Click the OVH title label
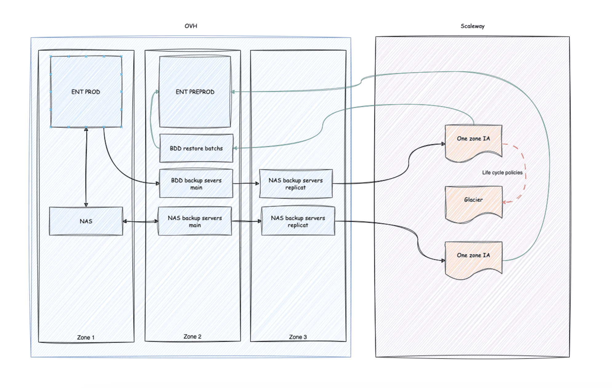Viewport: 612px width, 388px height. [x=191, y=26]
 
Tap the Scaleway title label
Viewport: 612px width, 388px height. [x=472, y=26]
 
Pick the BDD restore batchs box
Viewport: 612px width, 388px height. [x=196, y=148]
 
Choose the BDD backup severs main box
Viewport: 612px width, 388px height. [x=196, y=184]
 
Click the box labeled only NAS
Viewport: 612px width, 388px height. [x=86, y=221]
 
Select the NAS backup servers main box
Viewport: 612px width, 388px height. [x=195, y=221]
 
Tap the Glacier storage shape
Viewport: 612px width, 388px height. [x=473, y=203]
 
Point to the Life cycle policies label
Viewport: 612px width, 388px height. [x=502, y=172]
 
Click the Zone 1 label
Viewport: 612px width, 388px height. [x=85, y=337]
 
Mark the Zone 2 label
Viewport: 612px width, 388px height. [x=192, y=337]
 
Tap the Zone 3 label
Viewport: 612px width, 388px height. [x=298, y=337]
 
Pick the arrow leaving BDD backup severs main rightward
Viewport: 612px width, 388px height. [x=246, y=184]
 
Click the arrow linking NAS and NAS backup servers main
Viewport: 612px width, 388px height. [x=140, y=221]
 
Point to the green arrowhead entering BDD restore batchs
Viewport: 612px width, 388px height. [x=235, y=148]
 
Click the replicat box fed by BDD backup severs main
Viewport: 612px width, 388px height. [x=296, y=184]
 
